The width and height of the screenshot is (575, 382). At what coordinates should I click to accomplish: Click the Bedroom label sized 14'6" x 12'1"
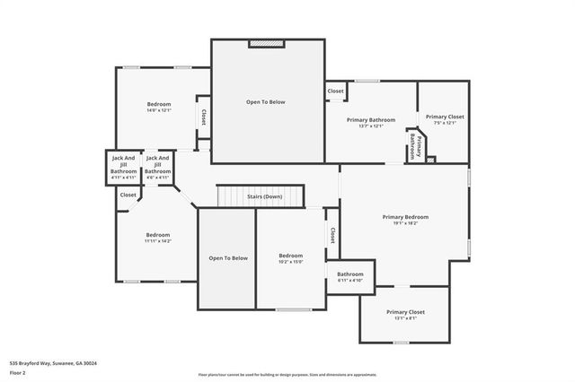pyautogui.click(x=159, y=107)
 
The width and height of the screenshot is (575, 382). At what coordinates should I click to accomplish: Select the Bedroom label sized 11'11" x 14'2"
pyautogui.click(x=157, y=238)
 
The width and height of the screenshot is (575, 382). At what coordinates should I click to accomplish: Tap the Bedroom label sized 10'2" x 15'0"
pyautogui.click(x=290, y=258)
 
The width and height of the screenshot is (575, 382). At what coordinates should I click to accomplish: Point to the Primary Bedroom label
pyautogui.click(x=405, y=220)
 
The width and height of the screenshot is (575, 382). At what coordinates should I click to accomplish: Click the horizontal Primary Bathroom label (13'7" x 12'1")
pyautogui.click(x=370, y=122)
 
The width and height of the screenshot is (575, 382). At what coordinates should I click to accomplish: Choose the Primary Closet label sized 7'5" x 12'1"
pyautogui.click(x=445, y=119)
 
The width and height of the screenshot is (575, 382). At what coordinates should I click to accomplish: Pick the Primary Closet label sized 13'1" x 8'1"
pyautogui.click(x=405, y=315)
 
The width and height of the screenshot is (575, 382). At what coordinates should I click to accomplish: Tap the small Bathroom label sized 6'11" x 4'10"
pyautogui.click(x=349, y=277)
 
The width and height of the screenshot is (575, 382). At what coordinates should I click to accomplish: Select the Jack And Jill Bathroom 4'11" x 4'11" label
pyautogui.click(x=123, y=168)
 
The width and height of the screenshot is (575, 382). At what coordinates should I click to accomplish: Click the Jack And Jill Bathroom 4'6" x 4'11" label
pyautogui.click(x=158, y=168)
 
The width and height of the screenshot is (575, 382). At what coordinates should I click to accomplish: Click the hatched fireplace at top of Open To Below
pyautogui.click(x=266, y=42)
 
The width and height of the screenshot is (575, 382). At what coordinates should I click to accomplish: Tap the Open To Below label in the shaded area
pyautogui.click(x=227, y=258)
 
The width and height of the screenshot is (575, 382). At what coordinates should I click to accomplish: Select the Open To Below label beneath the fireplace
pyautogui.click(x=266, y=102)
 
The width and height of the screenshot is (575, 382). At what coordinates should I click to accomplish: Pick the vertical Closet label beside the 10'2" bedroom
pyautogui.click(x=332, y=235)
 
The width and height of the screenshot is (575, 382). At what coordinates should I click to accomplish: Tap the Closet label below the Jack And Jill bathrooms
pyautogui.click(x=128, y=195)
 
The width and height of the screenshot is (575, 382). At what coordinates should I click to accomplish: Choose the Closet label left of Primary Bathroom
pyautogui.click(x=335, y=91)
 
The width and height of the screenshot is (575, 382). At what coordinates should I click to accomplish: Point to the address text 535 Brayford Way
pyautogui.click(x=53, y=363)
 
